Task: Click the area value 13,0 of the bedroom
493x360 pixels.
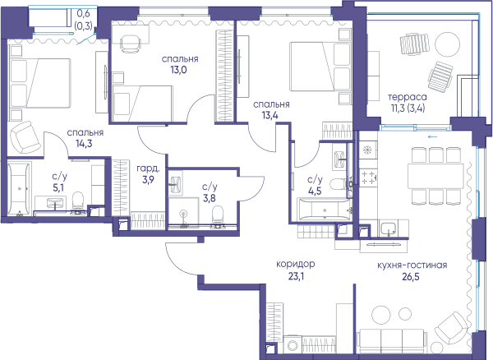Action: click(x=178, y=70)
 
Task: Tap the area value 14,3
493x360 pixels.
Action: click(x=84, y=144)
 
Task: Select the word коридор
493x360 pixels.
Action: click(x=296, y=264)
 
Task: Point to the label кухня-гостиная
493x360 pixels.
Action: click(x=412, y=265)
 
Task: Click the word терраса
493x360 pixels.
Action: click(x=408, y=97)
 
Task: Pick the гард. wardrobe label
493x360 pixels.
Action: click(x=148, y=168)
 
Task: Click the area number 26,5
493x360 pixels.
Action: click(x=411, y=277)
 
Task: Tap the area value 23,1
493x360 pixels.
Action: click(x=296, y=276)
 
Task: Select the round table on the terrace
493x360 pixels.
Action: click(x=448, y=44)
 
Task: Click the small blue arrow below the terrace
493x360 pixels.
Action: click(x=432, y=136)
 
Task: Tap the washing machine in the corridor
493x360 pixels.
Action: click(x=293, y=344)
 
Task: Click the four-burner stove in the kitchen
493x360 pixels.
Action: click(x=368, y=178)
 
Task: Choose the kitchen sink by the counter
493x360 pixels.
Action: click(x=389, y=228)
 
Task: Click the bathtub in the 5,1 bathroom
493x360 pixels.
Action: click(x=20, y=188)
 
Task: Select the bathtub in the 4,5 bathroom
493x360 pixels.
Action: click(x=325, y=209)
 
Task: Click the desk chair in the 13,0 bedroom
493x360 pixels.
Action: click(x=131, y=43)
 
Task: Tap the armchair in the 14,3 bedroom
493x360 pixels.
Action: click(x=25, y=137)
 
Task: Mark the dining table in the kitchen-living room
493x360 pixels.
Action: click(x=435, y=176)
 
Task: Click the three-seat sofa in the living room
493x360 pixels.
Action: click(x=391, y=341)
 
